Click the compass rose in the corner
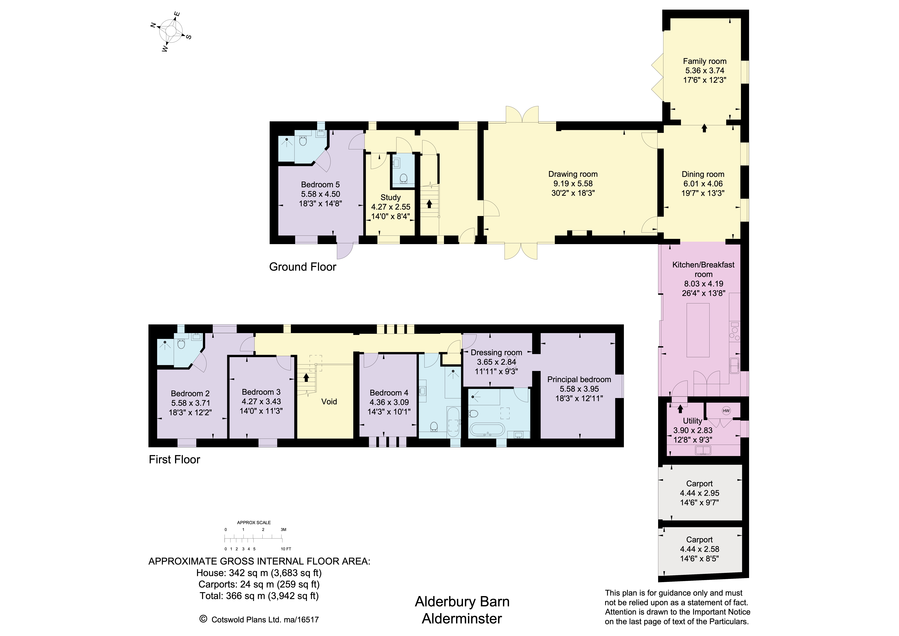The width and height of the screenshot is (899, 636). (171, 31)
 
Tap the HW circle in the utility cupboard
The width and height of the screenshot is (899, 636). (726, 411)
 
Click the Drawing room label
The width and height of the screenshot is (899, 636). (573, 174)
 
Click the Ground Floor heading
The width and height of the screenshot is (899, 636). (303, 267)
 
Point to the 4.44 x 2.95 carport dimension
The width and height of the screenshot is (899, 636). (699, 493)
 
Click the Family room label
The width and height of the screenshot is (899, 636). (704, 61)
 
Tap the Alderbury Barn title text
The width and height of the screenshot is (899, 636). (462, 601)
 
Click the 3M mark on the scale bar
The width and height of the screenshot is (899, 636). (283, 529)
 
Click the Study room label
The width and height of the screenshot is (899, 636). (390, 198)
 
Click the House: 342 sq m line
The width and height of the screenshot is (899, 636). (259, 573)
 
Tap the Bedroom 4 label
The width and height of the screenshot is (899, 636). (389, 393)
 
